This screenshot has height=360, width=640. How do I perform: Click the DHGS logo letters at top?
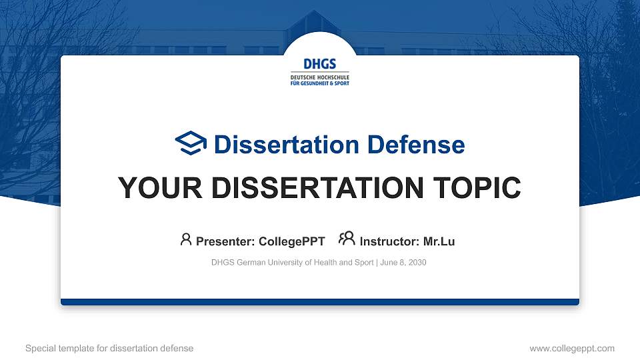click(319, 65)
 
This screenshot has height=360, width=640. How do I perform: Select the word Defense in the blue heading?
click(415, 145)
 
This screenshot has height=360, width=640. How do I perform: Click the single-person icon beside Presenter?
click(186, 239)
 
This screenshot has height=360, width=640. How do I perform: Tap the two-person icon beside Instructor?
click(347, 239)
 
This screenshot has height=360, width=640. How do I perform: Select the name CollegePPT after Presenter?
click(291, 241)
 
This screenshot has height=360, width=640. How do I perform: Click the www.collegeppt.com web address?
click(571, 348)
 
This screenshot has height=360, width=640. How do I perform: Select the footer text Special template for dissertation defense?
click(109, 348)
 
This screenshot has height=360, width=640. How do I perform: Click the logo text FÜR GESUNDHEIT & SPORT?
click(319, 83)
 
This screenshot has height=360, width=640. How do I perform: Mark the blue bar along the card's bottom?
click(320, 302)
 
